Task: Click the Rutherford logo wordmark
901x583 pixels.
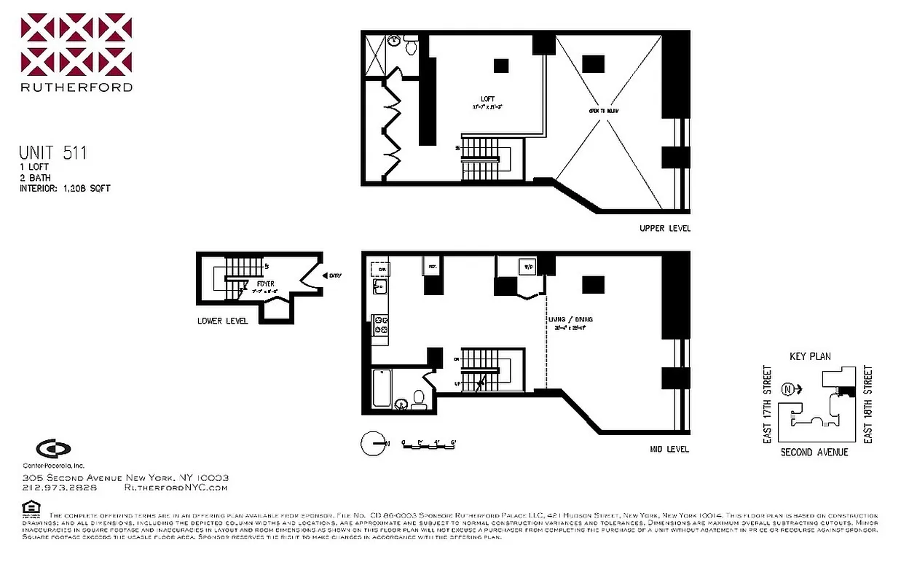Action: point(76,87)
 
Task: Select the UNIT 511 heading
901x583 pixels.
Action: point(52,153)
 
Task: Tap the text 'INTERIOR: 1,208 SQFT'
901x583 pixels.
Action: point(64,189)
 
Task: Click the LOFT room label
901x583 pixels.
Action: point(487,100)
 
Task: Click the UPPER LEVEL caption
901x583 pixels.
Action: point(664,229)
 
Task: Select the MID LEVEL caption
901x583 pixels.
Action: point(669,450)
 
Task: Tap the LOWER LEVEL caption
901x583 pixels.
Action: point(222,321)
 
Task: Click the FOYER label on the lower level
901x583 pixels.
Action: point(265,283)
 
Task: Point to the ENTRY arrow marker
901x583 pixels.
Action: point(326,275)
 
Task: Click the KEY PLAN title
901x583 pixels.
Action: point(810,356)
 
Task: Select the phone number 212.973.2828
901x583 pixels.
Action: point(60,488)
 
